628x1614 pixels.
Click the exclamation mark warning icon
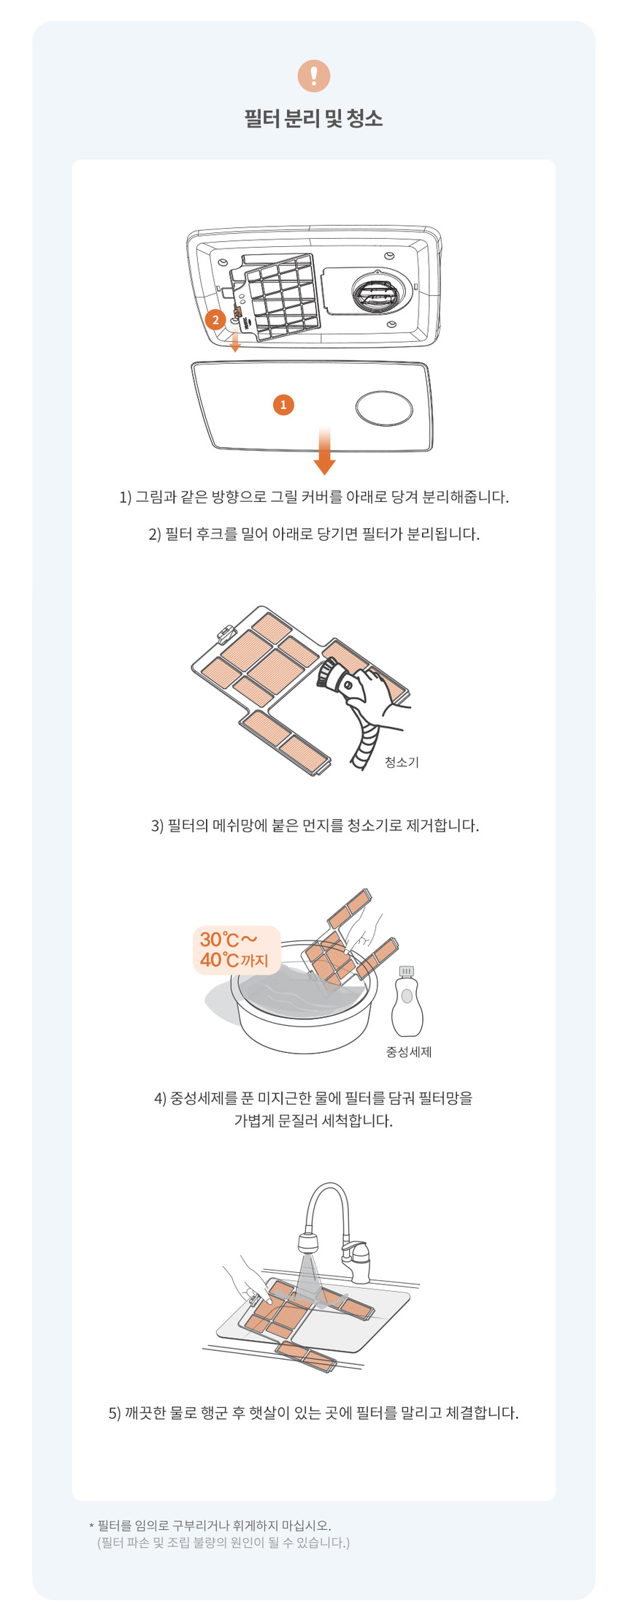click(x=314, y=75)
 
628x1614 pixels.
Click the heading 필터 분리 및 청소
click(x=314, y=118)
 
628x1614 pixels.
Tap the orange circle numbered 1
click(x=283, y=404)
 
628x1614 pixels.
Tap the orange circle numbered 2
click(x=215, y=319)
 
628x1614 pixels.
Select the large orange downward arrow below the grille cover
click(x=324, y=452)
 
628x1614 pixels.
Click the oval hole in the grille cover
click(x=385, y=407)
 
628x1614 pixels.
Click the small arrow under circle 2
click(x=235, y=343)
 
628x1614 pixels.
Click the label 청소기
click(x=402, y=762)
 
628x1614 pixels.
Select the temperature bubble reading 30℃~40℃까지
click(x=236, y=950)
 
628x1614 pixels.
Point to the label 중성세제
click(x=409, y=1052)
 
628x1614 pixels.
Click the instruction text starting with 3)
click(x=315, y=826)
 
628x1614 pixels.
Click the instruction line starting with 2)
click(x=314, y=534)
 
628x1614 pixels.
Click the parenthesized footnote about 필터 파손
click(x=223, y=1542)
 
